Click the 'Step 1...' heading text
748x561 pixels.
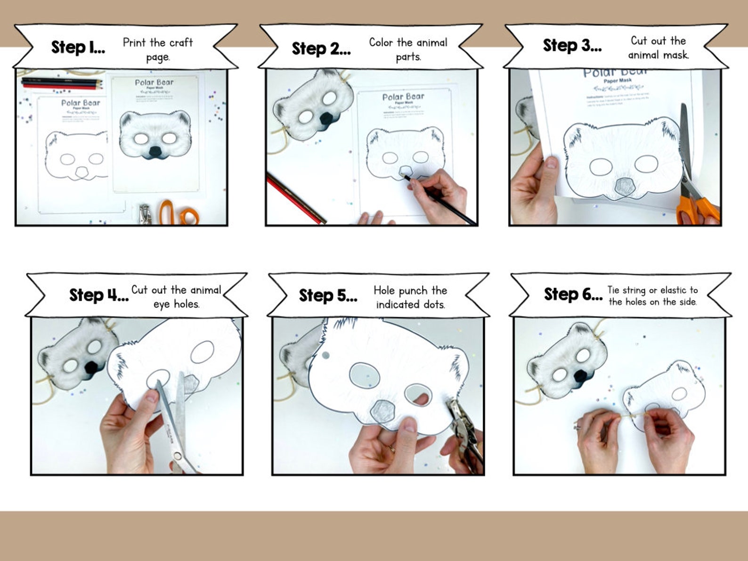click(x=78, y=48)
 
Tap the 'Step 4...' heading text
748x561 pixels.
click(x=98, y=295)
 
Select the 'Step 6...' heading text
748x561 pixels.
click(x=573, y=294)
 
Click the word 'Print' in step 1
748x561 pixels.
click(x=134, y=43)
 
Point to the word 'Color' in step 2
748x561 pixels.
click(x=381, y=42)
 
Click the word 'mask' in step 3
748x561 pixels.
click(x=676, y=55)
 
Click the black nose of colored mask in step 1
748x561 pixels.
click(x=155, y=152)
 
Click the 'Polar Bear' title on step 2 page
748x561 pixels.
click(x=403, y=97)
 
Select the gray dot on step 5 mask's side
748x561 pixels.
click(x=325, y=356)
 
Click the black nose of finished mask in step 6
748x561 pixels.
click(x=582, y=376)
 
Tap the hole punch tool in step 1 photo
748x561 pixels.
click(x=145, y=214)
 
